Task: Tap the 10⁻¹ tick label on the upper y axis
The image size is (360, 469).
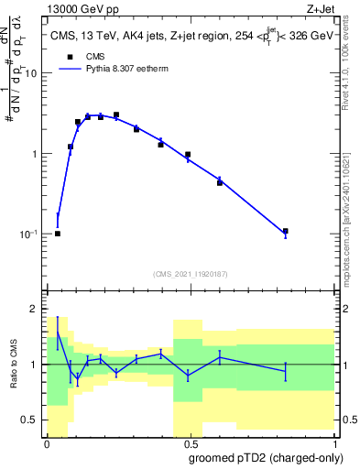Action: tap(29, 234)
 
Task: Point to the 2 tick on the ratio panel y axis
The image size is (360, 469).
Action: tap(37, 310)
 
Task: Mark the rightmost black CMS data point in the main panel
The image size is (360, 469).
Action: tap(286, 232)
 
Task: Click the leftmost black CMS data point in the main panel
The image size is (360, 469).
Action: tap(58, 234)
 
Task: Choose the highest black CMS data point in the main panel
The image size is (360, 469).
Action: tap(115, 115)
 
